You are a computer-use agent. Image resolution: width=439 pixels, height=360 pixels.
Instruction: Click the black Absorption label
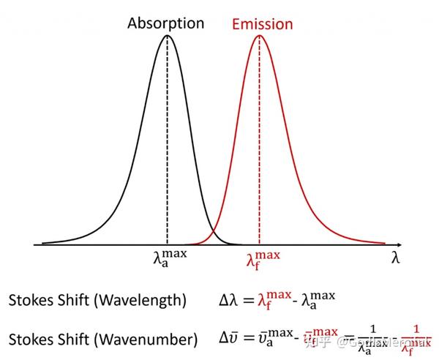coord(166,23)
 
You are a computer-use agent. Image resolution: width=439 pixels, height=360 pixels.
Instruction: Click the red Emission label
coord(262,24)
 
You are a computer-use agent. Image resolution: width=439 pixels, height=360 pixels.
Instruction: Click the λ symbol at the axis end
coord(395,258)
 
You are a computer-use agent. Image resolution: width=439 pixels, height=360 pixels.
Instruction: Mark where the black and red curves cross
coord(213,233)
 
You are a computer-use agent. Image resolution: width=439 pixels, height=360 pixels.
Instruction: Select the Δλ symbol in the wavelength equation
coord(229,300)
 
